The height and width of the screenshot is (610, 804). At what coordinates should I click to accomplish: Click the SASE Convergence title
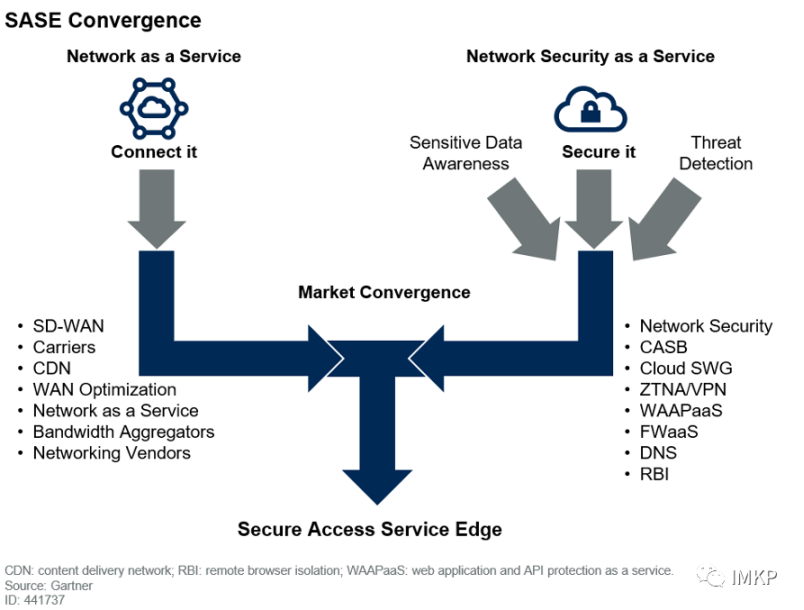tap(103, 20)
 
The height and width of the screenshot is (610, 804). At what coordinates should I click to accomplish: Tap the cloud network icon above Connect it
tap(154, 109)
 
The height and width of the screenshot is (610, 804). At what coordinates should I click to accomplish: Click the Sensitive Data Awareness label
tap(465, 153)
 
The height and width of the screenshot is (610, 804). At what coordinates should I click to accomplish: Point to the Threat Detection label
tap(715, 153)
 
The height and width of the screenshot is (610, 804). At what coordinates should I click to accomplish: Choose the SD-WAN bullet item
tap(68, 326)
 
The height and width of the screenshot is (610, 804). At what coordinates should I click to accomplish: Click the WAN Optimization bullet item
tap(104, 389)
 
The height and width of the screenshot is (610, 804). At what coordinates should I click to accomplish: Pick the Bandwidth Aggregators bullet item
tap(123, 432)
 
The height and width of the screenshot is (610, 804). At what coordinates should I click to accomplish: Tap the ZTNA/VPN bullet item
tap(684, 389)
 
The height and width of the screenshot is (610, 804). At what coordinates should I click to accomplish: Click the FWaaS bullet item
tap(668, 431)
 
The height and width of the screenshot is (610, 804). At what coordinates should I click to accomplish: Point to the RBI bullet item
tap(655, 473)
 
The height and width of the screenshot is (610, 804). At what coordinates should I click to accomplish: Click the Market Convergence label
tap(384, 292)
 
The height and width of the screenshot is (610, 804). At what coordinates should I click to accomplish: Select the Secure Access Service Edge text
tap(369, 529)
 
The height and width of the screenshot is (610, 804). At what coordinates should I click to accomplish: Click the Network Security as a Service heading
tap(590, 56)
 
